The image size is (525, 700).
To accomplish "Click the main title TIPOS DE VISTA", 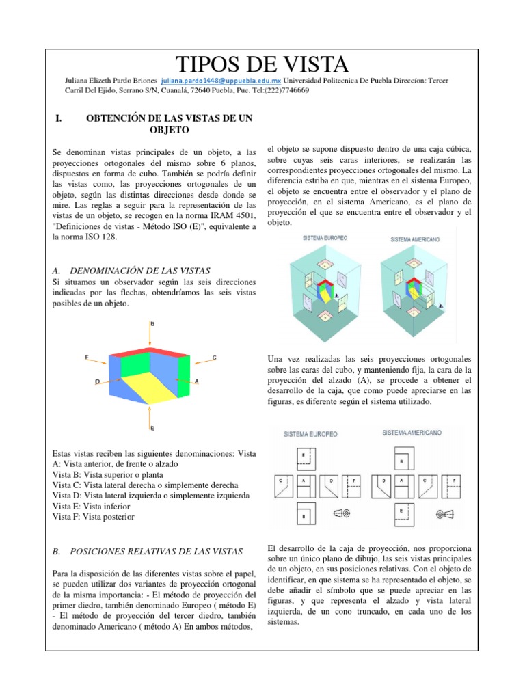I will (262, 64).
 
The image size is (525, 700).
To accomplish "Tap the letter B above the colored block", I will (152, 323).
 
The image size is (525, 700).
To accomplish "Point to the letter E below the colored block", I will (151, 427).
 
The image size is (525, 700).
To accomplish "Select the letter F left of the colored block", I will (86, 357).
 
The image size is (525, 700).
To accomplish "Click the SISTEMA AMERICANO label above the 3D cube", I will (414, 240).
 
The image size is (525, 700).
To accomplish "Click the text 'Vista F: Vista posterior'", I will (94, 517).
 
